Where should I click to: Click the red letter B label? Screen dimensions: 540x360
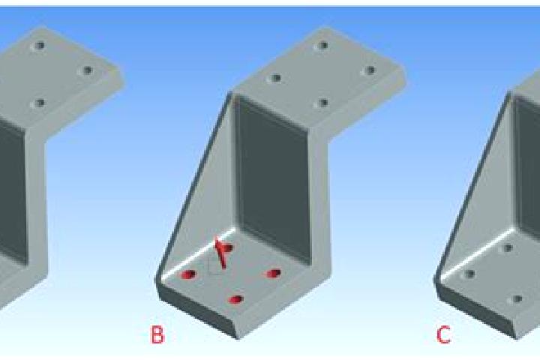157,334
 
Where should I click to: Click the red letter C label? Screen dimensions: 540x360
443,334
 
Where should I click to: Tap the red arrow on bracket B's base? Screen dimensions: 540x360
220,251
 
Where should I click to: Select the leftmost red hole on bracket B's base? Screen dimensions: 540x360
188,274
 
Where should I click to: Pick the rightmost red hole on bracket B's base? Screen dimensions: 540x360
274,274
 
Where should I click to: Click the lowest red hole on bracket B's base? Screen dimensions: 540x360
236,299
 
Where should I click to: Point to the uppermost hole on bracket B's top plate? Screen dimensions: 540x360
322,45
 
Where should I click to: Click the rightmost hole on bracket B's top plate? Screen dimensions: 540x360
370,70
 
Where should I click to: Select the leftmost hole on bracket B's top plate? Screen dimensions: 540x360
275,78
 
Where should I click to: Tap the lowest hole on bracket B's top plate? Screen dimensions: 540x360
322,103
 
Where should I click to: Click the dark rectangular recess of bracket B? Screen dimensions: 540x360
272,179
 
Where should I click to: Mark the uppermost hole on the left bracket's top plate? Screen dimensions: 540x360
39,46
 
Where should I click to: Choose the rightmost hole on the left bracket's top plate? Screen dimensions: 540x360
87,70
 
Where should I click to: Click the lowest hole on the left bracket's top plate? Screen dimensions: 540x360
39,103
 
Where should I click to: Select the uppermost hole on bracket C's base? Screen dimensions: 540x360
508,247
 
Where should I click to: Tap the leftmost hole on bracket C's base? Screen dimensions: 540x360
469,274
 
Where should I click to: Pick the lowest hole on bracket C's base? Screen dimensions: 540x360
517,299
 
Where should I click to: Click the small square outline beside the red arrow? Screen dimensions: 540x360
214,267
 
